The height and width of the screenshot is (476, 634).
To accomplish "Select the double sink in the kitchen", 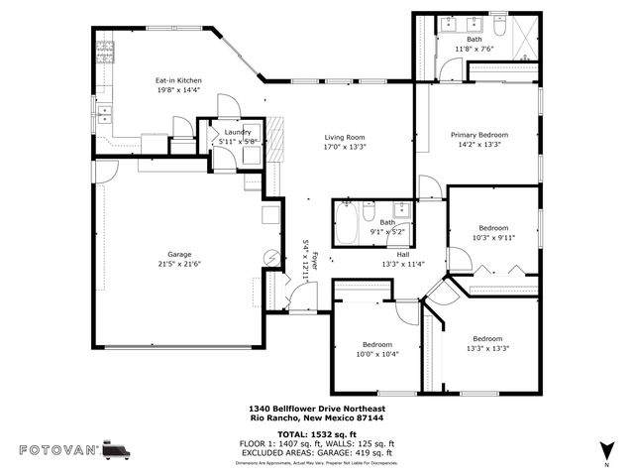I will click(102, 112).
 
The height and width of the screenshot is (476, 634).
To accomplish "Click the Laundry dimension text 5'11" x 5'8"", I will click(237, 142).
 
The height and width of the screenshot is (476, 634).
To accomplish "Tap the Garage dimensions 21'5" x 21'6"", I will click(178, 264).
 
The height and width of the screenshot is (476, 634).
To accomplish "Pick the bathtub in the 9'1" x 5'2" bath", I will click(347, 223).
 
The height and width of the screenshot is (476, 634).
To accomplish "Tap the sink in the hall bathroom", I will click(401, 209).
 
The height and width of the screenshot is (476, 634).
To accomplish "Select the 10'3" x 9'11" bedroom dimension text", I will click(493, 237).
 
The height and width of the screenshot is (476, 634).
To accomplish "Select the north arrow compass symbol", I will click(605, 448).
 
